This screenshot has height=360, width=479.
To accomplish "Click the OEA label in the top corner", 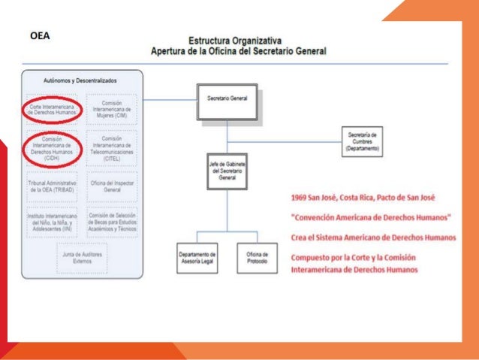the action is tap(40, 35).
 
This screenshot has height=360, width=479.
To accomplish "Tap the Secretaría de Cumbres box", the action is tap(363, 141).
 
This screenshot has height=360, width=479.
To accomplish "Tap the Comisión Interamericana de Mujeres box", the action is tap(110, 110).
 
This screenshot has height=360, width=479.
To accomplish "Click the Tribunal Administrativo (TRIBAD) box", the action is tap(52, 186).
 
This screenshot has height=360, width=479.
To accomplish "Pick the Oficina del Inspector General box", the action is tap(111, 186).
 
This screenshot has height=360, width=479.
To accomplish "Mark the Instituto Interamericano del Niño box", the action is tap(52, 222).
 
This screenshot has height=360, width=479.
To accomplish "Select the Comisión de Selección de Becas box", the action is tap(112, 222).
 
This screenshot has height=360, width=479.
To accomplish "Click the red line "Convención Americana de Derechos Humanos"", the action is tap(371, 217).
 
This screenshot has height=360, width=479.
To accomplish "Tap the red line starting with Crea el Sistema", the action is tap(372, 237).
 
